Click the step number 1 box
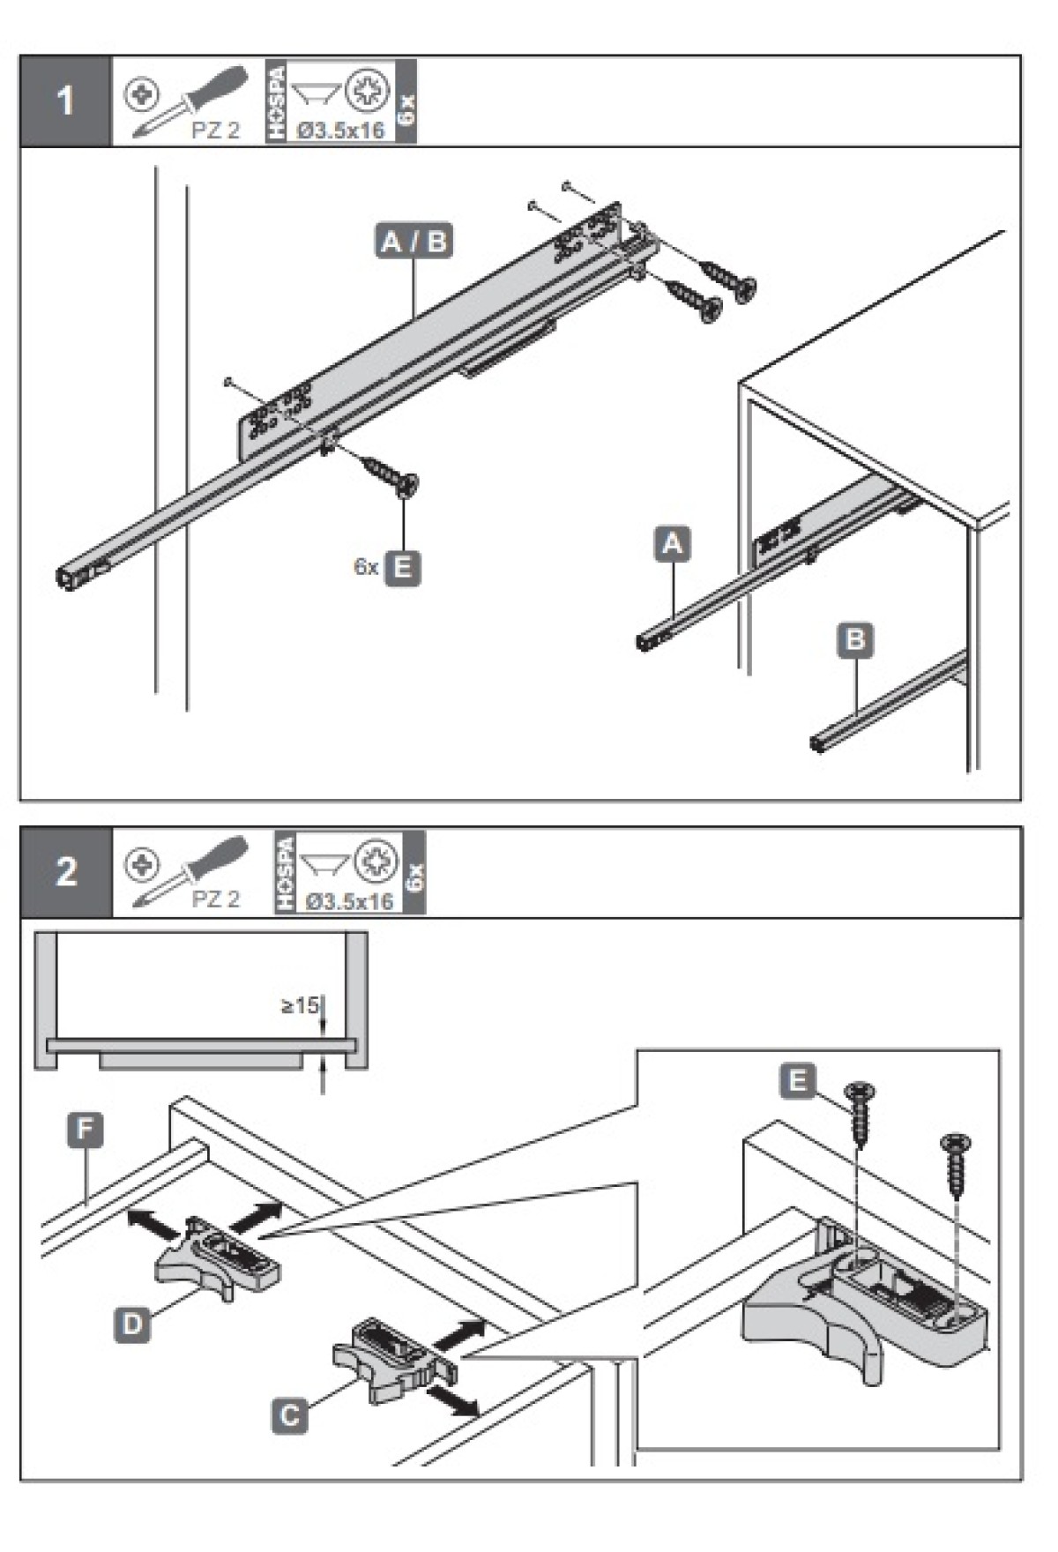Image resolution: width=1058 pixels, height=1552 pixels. [x=65, y=101]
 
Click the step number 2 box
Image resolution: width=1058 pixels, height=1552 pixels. [x=67, y=871]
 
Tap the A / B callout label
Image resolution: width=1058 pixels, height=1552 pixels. [x=414, y=241]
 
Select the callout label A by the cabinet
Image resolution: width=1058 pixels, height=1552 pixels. [x=672, y=543]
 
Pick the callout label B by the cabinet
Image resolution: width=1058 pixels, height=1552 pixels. [x=854, y=639]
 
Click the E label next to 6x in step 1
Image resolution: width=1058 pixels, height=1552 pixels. [x=402, y=567]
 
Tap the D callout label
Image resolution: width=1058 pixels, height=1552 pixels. [x=132, y=1324]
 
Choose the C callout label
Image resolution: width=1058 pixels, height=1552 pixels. [x=290, y=1416]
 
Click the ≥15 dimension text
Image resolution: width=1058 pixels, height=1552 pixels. [x=299, y=1005]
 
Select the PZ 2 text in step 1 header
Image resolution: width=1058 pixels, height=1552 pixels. [x=215, y=130]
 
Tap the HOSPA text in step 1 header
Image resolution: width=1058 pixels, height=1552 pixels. [x=277, y=100]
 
